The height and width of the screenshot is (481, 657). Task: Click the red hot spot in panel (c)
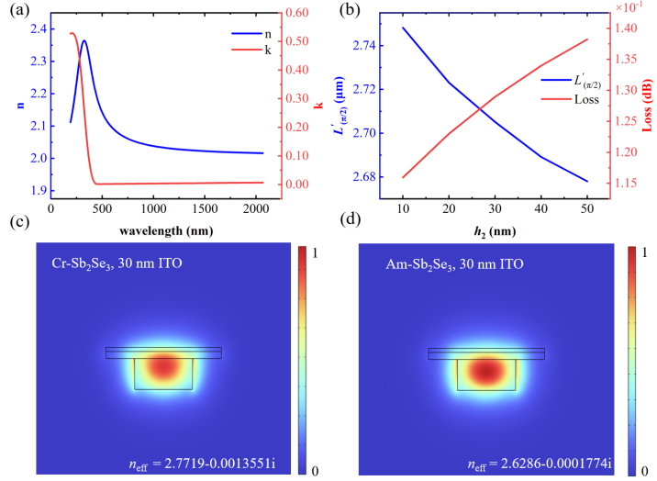[x=163, y=367]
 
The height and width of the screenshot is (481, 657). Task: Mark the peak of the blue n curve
[x=84, y=40]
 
